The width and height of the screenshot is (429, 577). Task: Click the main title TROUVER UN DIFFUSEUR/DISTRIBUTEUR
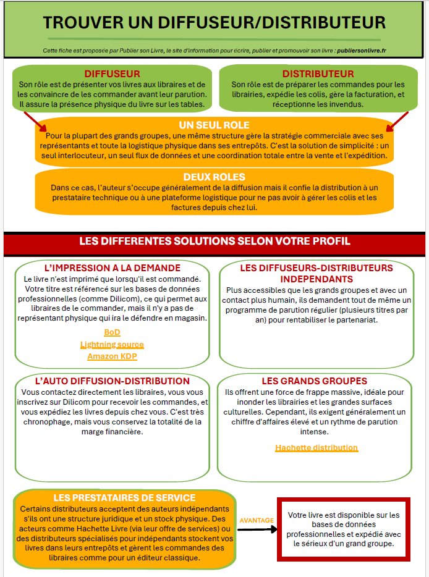pyautogui.click(x=214, y=23)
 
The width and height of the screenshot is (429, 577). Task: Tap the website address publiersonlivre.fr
pyautogui.click(x=362, y=51)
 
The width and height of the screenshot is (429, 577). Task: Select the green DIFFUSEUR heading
pyautogui.click(x=112, y=74)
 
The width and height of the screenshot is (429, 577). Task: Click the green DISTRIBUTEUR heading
pyautogui.click(x=318, y=74)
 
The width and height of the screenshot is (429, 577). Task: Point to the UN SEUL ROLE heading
pyautogui.click(x=214, y=125)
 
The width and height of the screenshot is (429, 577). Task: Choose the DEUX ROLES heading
pyautogui.click(x=214, y=177)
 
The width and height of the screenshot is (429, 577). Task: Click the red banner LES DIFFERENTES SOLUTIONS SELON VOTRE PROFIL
pyautogui.click(x=214, y=241)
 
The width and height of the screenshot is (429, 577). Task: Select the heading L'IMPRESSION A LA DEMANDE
pyautogui.click(x=113, y=268)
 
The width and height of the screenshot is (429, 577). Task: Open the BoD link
pyautogui.click(x=112, y=332)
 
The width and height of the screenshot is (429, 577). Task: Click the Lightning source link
pyautogui.click(x=112, y=345)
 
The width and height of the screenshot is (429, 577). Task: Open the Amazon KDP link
pyautogui.click(x=112, y=356)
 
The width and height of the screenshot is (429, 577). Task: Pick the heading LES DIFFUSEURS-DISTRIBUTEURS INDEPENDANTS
pyautogui.click(x=316, y=274)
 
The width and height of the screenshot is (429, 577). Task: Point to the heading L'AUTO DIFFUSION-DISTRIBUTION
pyautogui.click(x=113, y=381)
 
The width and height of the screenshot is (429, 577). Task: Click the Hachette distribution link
pyautogui.click(x=316, y=448)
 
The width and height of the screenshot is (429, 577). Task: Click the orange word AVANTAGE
pyautogui.click(x=256, y=520)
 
